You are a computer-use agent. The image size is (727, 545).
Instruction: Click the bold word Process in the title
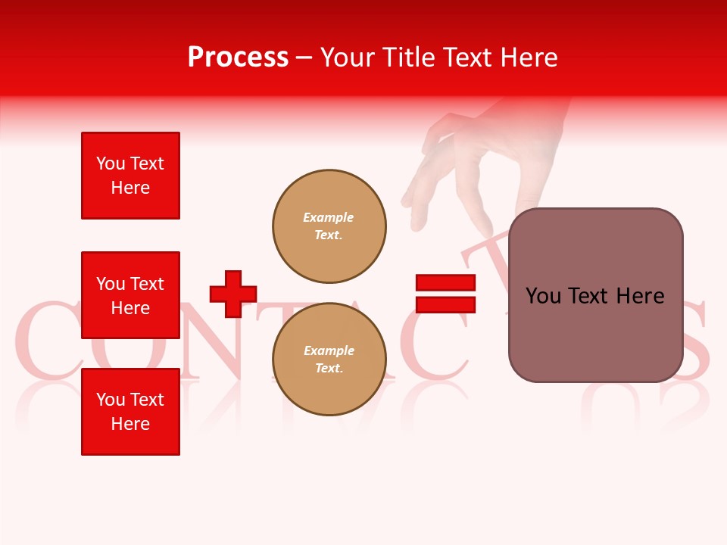(238, 58)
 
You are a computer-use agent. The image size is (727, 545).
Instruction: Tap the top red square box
(130, 176)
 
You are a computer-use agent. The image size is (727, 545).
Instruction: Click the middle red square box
(130, 295)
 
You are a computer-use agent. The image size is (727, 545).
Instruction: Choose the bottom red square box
(130, 412)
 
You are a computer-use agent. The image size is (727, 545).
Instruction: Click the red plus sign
(233, 294)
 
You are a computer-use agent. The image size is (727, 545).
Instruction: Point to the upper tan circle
(329, 226)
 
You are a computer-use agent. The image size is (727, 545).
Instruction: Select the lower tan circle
(329, 360)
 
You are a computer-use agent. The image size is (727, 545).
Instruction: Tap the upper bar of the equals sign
(445, 282)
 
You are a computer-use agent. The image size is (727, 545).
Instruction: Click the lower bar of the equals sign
(445, 304)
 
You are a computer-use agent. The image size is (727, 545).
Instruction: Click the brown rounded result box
(595, 295)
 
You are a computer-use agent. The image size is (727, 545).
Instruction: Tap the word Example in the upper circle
(329, 217)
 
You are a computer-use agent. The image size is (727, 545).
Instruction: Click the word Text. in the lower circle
(329, 369)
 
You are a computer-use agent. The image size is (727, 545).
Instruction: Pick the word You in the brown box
(544, 296)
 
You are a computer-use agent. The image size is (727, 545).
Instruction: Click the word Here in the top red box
(130, 188)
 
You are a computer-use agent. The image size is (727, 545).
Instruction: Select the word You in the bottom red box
(111, 400)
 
